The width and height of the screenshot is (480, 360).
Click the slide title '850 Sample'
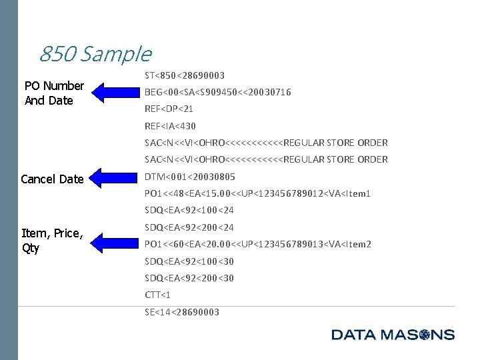click(x=95, y=53)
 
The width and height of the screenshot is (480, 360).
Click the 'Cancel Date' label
click(x=52, y=179)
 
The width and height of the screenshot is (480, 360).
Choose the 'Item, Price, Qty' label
click(x=52, y=241)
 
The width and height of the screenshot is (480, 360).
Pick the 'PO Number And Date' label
click(x=53, y=93)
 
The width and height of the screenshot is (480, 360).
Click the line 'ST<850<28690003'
click(x=184, y=75)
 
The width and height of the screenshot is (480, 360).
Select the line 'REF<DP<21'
click(x=169, y=109)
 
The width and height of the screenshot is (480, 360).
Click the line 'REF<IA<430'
click(x=170, y=126)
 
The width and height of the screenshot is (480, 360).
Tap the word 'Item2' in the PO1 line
click(x=357, y=244)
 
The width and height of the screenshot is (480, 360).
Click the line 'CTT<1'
click(x=158, y=295)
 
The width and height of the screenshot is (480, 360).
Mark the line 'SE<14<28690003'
click(x=181, y=312)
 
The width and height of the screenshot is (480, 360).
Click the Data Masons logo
click(x=393, y=335)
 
